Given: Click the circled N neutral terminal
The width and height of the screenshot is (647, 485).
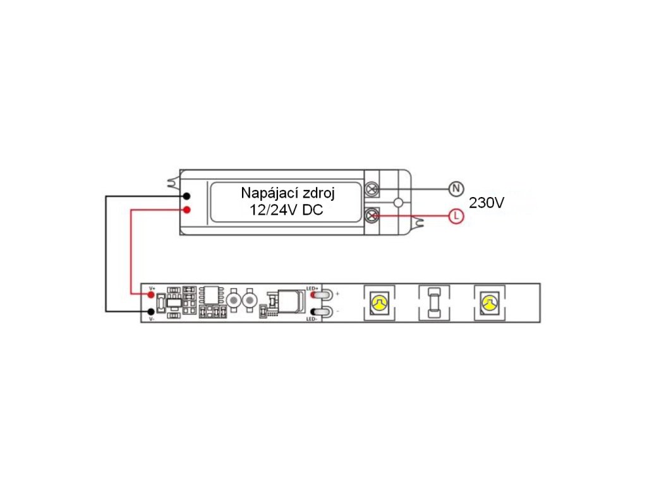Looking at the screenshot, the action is pos(455,188).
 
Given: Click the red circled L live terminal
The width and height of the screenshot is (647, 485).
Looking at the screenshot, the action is pos(455,216).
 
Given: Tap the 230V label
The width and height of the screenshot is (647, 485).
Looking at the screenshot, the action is pos(487,203).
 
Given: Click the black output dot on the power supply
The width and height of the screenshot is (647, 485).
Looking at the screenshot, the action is pos(187,196).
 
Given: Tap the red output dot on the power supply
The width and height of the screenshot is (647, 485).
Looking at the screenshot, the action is pos(187,210).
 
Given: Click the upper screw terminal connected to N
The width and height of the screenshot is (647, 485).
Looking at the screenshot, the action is pos(373,189).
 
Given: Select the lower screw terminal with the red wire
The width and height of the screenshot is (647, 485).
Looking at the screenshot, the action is pos(373,216).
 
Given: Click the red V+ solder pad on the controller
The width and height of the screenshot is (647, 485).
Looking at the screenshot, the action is pos(152,295).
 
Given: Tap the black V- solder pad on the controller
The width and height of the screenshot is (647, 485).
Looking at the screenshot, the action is pos(152,311).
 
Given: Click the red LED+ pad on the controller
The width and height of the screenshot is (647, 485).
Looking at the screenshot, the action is pos(313,295).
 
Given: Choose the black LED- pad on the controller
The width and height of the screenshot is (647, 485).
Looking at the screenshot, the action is pos(313,311).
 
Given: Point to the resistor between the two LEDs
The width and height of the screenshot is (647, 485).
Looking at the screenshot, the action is pos(434,303).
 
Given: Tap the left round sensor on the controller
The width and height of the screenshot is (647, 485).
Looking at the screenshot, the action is pos(234,300).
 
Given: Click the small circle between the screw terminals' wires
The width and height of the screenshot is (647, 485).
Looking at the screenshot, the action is pos(398,203).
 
